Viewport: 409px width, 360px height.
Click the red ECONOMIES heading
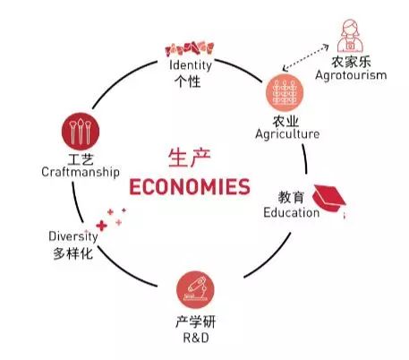click(x=190, y=186)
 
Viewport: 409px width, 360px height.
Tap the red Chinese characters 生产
click(x=190, y=158)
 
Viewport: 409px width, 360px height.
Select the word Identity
click(x=191, y=65)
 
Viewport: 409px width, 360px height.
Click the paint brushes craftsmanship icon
click(x=81, y=132)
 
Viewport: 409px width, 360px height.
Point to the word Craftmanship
click(x=81, y=172)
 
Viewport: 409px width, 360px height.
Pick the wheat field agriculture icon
click(x=285, y=92)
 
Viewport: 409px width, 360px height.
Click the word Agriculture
click(x=287, y=134)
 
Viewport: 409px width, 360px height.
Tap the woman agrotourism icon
click(x=350, y=36)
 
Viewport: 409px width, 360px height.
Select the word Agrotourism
click(x=351, y=75)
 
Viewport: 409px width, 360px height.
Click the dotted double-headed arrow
click(x=305, y=57)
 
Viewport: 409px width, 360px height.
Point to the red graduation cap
click(x=328, y=198)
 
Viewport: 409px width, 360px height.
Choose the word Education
click(x=292, y=212)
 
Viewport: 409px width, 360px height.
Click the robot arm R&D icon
click(x=195, y=289)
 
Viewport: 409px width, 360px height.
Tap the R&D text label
click(x=196, y=338)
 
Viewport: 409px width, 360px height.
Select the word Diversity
click(x=73, y=236)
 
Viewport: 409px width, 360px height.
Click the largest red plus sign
click(x=101, y=226)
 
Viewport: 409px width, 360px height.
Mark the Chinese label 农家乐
click(x=351, y=62)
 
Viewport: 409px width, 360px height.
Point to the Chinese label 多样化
click(x=73, y=253)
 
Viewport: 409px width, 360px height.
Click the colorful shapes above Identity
click(x=190, y=49)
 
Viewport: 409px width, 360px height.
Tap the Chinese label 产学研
click(x=196, y=321)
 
